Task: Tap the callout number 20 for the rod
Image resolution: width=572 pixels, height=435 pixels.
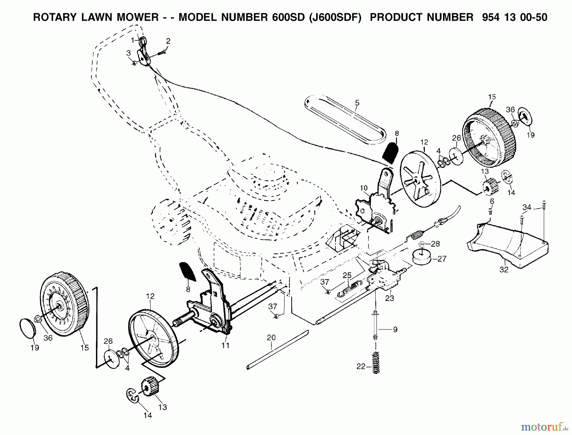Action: tap(271, 337)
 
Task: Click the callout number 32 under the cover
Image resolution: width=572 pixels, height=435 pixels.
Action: tap(504, 270)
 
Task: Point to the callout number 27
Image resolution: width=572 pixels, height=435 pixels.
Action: tap(442, 259)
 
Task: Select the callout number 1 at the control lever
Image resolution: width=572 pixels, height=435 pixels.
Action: tap(133, 40)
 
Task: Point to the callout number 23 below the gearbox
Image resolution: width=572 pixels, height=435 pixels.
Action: tap(390, 298)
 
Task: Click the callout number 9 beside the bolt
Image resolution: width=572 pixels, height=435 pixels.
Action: tap(395, 330)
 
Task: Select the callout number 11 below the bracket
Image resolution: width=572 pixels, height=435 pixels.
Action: tap(225, 345)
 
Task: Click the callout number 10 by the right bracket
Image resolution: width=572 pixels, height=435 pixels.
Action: tap(364, 188)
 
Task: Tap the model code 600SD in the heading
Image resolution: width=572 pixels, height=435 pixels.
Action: tap(285, 17)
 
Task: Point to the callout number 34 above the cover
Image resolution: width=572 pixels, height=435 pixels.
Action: tap(527, 207)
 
